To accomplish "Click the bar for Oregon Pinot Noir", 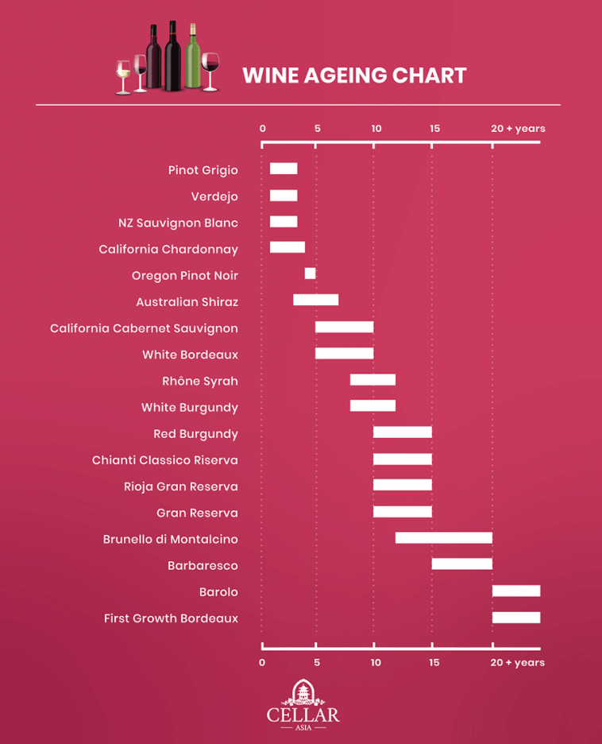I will tap(310, 274).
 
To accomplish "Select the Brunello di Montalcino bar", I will tap(443, 538).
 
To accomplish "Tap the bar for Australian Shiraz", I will tap(315, 300).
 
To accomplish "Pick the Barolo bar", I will tap(515, 591).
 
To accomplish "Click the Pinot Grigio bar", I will tap(284, 169).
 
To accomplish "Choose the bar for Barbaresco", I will tap(461, 564).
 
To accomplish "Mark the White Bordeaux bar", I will tap(344, 353).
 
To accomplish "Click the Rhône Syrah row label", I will tap(199, 382).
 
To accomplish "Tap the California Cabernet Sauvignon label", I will tap(144, 328).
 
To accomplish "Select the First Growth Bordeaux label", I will tap(171, 618).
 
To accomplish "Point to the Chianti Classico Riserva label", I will tap(164, 460).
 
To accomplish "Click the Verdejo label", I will tap(214, 196).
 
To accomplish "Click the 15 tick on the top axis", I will tap(434, 129).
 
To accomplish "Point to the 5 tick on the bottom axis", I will tap(317, 662).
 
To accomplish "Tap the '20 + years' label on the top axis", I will tap(518, 129).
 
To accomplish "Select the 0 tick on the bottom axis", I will tap(262, 662).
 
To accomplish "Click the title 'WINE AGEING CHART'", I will tap(354, 76).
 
